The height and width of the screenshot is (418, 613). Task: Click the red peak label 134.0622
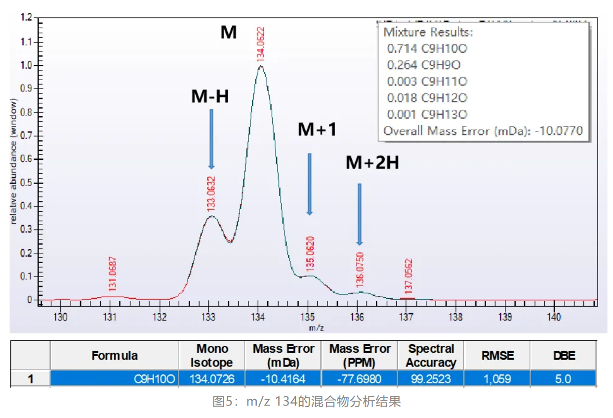click(x=260, y=44)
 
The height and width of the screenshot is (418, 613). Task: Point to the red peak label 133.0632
click(x=210, y=194)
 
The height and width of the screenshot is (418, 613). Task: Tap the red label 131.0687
click(x=112, y=274)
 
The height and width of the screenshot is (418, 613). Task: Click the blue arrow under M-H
click(x=211, y=139)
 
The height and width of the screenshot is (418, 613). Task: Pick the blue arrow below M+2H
click(x=360, y=214)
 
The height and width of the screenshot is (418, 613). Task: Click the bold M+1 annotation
click(x=317, y=130)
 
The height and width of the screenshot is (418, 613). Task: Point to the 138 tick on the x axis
click(x=455, y=317)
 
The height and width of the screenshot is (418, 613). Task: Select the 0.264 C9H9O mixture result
click(x=424, y=65)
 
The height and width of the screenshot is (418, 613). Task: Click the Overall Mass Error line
click(x=483, y=131)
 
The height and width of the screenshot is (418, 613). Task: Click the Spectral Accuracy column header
click(x=431, y=356)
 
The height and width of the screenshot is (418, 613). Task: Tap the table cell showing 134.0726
click(x=211, y=379)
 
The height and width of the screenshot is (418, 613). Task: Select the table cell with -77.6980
click(x=359, y=379)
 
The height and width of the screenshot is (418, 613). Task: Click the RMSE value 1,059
click(x=497, y=379)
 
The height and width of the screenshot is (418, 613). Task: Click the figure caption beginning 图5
click(x=306, y=402)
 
